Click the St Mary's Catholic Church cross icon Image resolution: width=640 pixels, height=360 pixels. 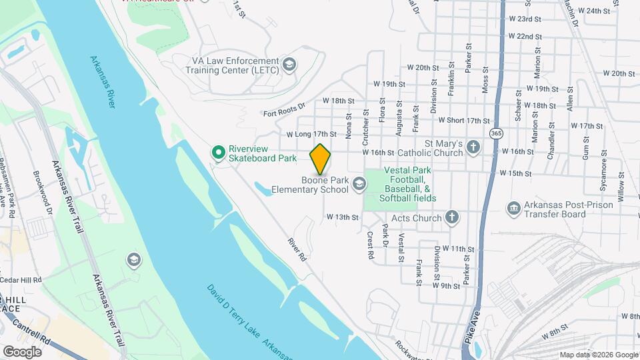pos(473,147)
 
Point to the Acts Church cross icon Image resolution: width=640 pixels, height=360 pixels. pos(452,217)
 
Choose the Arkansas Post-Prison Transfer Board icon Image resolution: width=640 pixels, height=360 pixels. pos(513,209)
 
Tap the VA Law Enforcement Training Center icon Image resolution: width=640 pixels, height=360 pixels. pos(289,64)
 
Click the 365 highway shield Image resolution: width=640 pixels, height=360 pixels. pos(495,133)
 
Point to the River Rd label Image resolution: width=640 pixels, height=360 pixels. pos(297,249)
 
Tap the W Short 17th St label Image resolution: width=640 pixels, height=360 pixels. pos(463,120)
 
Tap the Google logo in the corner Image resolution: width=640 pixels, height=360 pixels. pos(22,351)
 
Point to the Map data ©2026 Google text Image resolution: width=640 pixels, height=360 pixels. pos(598,355)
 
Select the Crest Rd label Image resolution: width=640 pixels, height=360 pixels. pos(369,245)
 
